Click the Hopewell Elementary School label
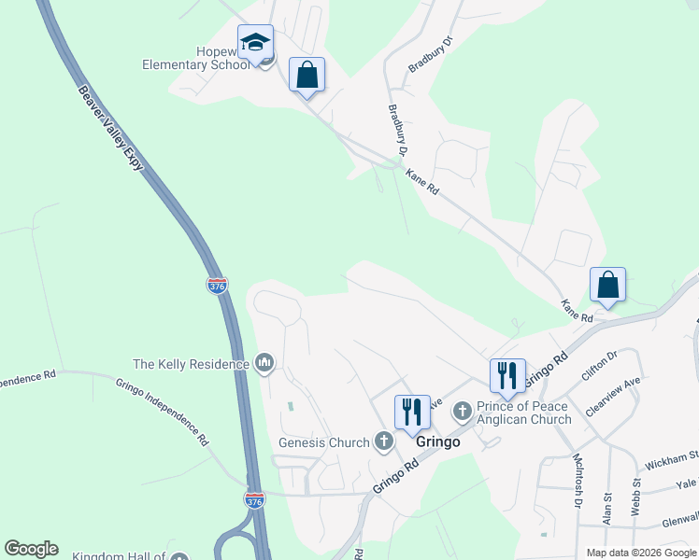(x=196, y=57)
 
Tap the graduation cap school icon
(x=255, y=42)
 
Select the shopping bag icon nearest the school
(x=307, y=75)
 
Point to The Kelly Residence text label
(x=191, y=364)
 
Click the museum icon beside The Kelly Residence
(x=264, y=364)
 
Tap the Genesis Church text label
(x=324, y=442)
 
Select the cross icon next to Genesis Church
(x=383, y=441)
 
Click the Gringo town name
(x=437, y=442)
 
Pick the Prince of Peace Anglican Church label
(x=523, y=413)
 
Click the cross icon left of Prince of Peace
(x=462, y=411)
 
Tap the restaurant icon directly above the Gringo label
(x=412, y=412)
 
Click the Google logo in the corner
(x=30, y=549)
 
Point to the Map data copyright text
(x=641, y=553)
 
